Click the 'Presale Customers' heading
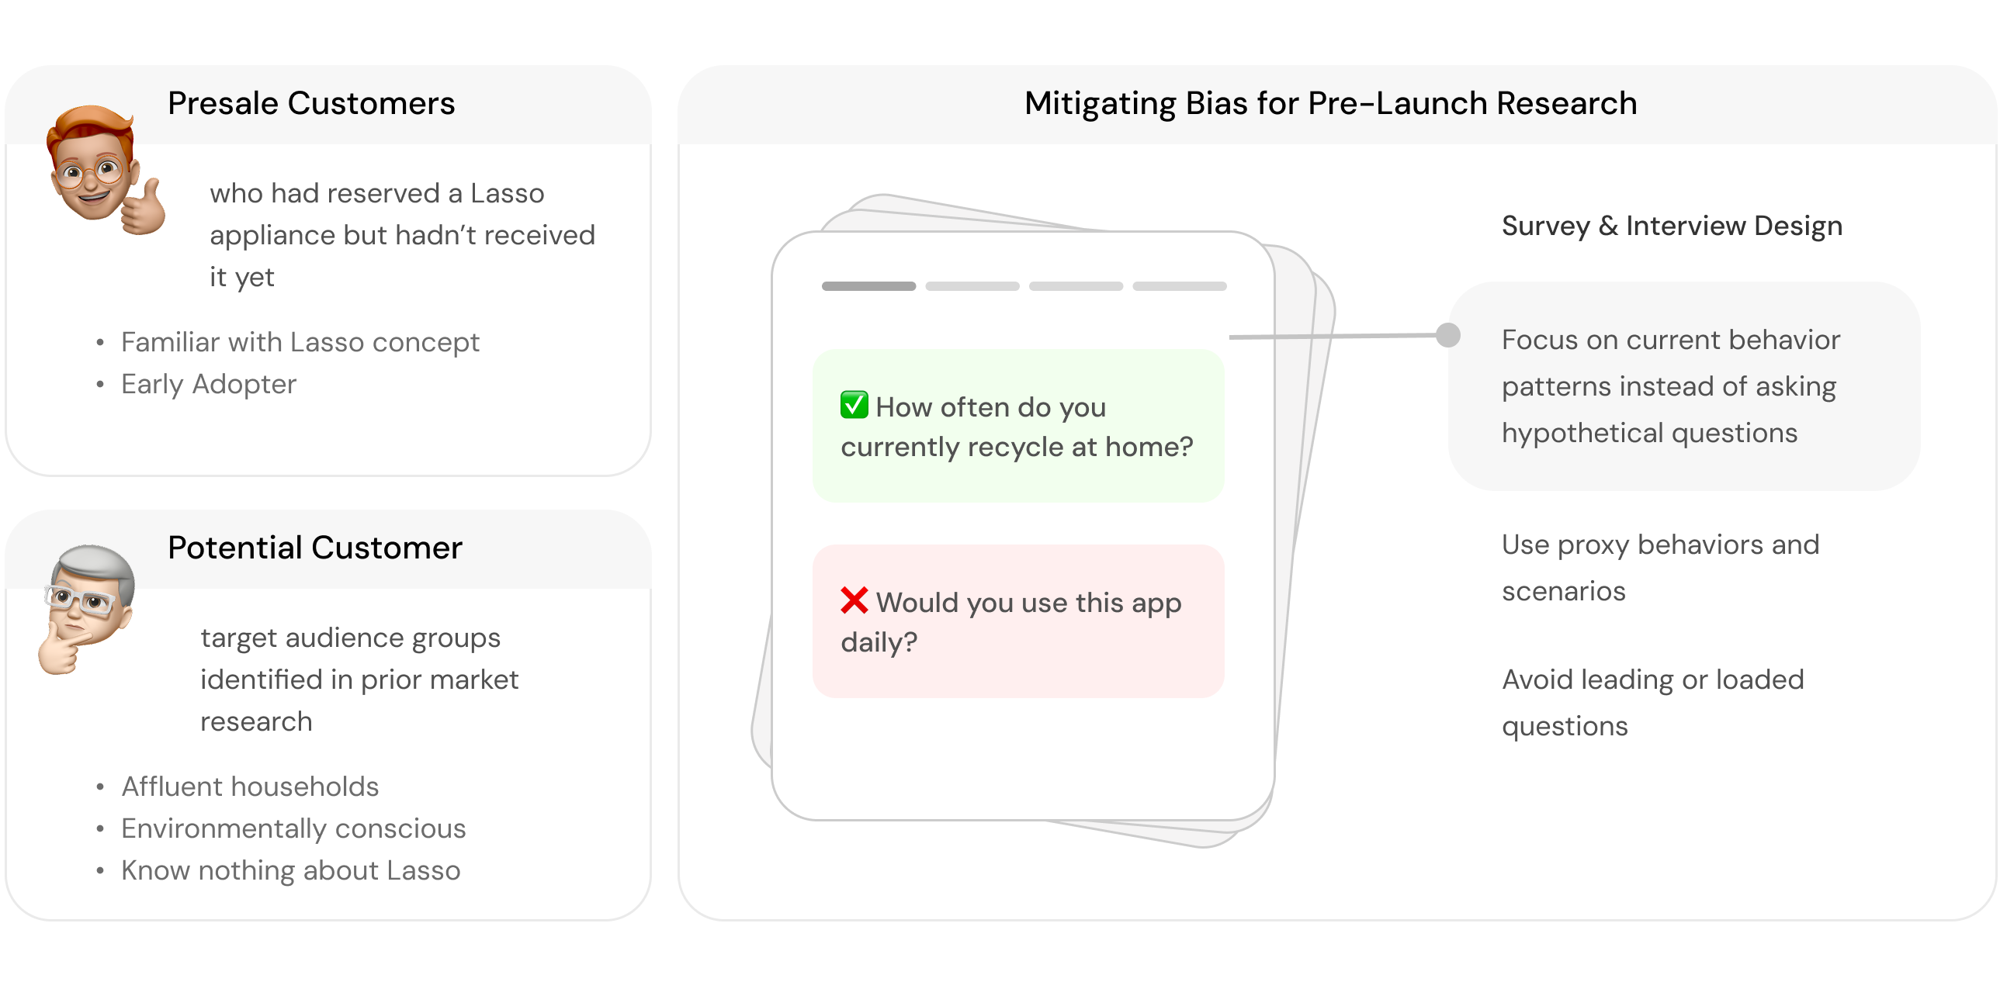coord(311,104)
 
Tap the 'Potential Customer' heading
coord(315,548)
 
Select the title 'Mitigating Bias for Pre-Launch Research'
coord(1330,104)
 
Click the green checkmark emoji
coord(854,405)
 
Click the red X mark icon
coord(854,600)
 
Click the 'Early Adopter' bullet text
coord(209,384)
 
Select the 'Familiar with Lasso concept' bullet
coord(300,342)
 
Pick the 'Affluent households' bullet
coord(250,787)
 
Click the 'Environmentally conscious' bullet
coord(293,828)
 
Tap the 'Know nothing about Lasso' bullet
coord(290,870)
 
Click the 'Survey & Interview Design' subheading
coord(1672,226)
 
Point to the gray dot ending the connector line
coord(1447,335)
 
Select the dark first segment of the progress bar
coord(868,286)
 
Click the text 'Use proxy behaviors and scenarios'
coord(1659,568)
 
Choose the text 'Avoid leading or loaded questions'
coord(1652,703)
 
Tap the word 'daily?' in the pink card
coord(879,642)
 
